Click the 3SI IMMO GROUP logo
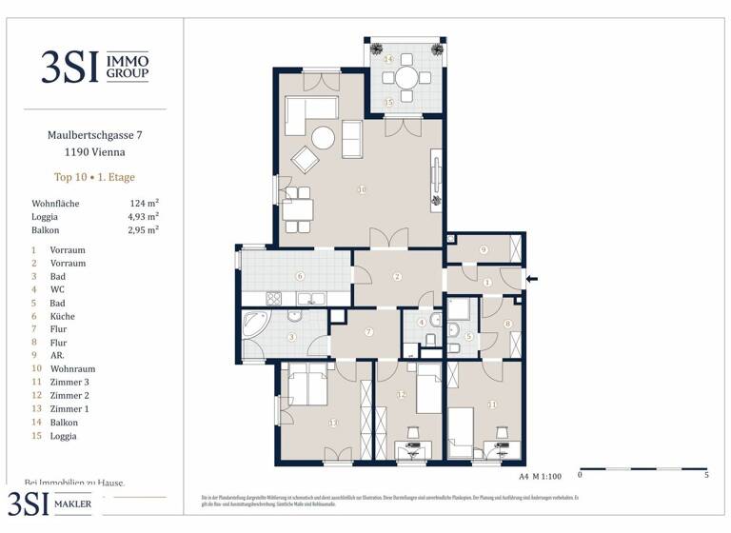(x=94, y=66)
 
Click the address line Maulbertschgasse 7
(x=94, y=136)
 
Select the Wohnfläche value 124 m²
(x=144, y=204)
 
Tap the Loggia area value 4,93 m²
(x=143, y=216)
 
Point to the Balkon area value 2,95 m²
(x=143, y=229)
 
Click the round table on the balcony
(x=406, y=77)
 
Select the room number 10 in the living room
(x=362, y=189)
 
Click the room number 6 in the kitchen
(x=299, y=277)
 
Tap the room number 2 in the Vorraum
(x=398, y=277)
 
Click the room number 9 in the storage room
(x=484, y=249)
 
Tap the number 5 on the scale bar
(x=705, y=474)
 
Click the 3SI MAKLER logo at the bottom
(x=53, y=504)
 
